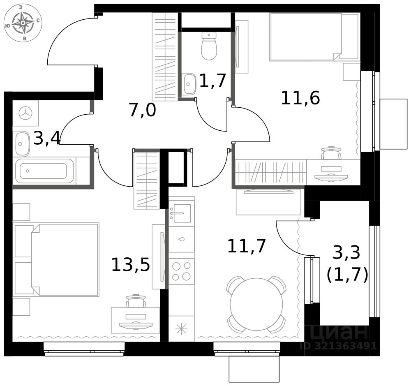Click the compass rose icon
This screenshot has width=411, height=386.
23,23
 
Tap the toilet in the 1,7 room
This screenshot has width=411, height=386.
209,46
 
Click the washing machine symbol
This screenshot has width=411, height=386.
25,113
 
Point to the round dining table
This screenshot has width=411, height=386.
256,305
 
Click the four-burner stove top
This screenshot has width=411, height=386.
181,271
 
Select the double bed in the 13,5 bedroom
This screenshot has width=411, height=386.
65,259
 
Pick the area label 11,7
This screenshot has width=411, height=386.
247,246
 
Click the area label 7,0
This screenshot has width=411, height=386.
142,111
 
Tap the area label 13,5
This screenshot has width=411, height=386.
130,264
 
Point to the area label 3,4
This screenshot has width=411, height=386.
47,139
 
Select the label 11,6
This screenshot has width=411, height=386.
300,98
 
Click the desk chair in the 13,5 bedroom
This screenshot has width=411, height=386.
136,302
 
